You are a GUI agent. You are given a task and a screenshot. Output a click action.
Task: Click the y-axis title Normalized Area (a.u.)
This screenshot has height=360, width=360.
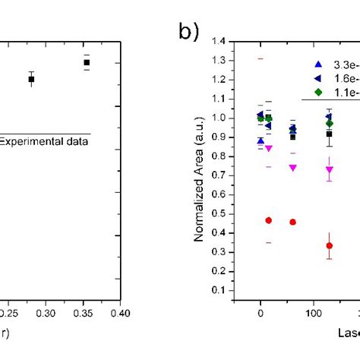199,184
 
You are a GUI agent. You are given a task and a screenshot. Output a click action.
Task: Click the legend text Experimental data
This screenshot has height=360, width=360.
43,141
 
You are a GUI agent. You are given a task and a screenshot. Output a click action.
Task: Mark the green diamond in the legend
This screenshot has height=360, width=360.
318,91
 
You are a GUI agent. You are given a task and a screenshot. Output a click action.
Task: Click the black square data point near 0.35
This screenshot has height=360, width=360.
87,62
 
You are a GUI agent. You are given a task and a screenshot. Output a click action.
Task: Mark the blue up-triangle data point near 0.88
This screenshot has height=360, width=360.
261,141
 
